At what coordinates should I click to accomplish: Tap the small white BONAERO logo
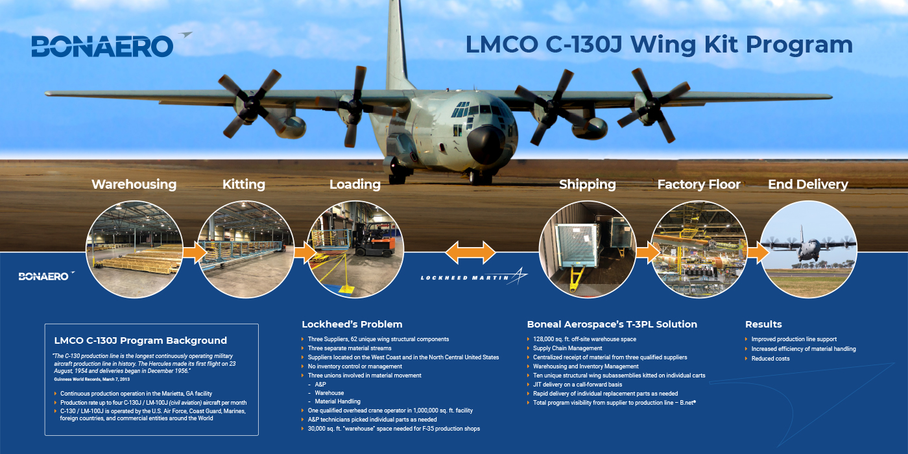[46, 276]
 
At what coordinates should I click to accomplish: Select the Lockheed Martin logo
[474, 276]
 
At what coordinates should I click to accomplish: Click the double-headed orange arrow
[470, 252]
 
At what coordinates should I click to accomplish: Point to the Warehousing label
[134, 184]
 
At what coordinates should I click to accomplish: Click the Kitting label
[244, 184]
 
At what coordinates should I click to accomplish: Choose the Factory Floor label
[699, 184]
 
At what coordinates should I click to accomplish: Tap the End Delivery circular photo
[809, 249]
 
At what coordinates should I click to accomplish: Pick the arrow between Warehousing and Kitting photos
[195, 252]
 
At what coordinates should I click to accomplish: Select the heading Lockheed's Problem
[352, 324]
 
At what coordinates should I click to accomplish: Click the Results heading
[763, 324]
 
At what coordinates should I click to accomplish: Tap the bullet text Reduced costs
[771, 359]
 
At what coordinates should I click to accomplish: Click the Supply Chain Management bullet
[567, 348]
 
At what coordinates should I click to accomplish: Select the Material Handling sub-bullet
[337, 401]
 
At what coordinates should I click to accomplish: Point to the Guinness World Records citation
[91, 379]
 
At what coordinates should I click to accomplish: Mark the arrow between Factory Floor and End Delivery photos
[758, 252]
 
